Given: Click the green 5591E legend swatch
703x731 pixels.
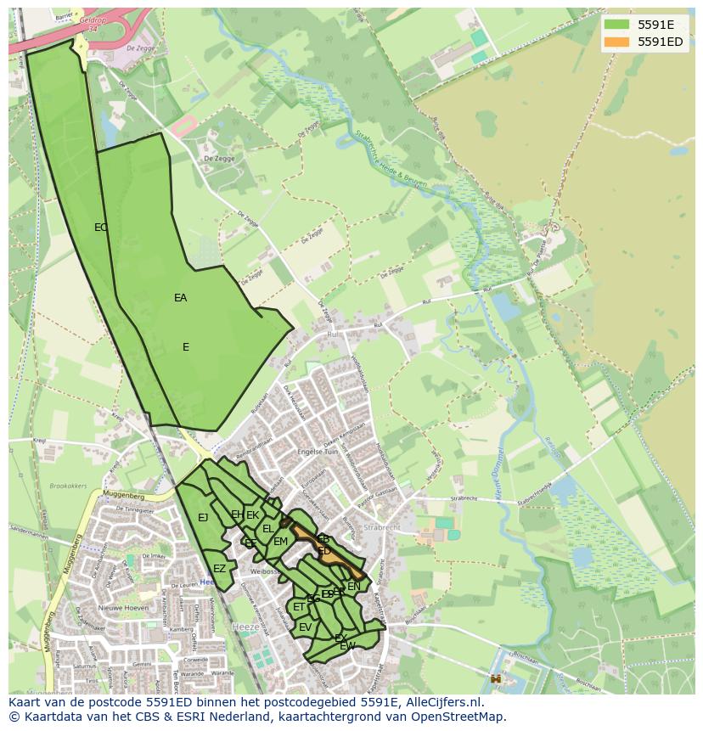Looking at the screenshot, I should coord(617,25).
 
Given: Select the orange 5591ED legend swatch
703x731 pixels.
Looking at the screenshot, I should coord(617,42).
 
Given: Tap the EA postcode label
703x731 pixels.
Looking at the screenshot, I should coord(180,298).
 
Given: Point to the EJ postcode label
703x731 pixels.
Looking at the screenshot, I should coord(203,518).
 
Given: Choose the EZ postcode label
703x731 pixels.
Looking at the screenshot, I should coord(219,569).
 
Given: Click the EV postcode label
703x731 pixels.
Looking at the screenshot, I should coord(305,627).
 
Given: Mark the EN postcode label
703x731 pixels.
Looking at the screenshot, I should coord(354,586).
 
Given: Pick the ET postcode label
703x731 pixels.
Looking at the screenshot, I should coord(299,607).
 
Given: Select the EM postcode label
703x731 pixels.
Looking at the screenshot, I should coord(280,542).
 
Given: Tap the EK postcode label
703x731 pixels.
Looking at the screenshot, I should coord(253,515).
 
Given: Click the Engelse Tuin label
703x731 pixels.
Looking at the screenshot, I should coord(318,452).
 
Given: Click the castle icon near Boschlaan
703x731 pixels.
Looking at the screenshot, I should coord(495,678).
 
